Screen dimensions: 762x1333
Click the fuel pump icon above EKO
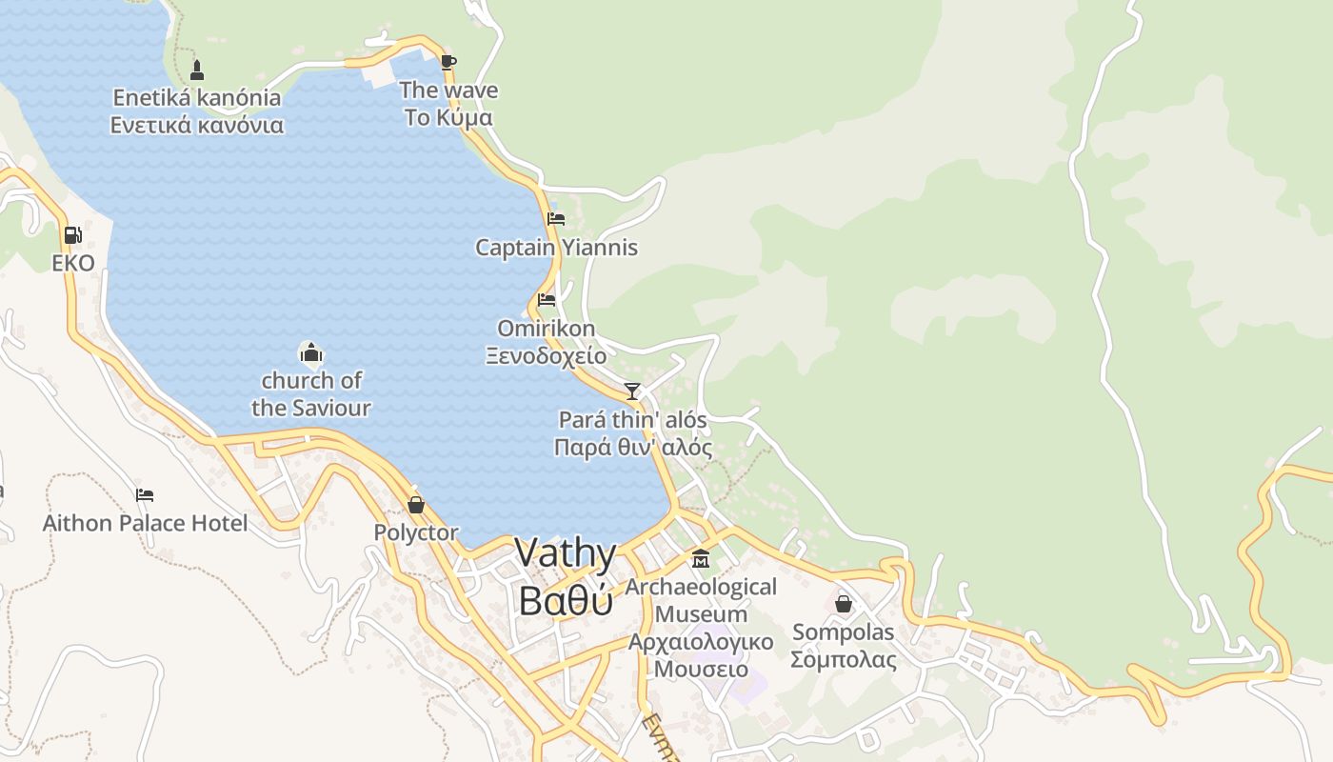[72, 235]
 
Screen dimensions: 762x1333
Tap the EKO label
[73, 263]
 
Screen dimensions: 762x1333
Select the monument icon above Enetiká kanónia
[197, 70]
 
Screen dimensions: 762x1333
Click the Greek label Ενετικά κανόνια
[197, 125]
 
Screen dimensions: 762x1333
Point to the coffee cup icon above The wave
[448, 63]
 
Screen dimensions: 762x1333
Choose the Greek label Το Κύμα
[448, 118]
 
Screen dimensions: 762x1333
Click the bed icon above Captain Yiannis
[556, 219]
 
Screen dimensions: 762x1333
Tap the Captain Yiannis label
[556, 248]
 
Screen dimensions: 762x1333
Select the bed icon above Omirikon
[547, 299]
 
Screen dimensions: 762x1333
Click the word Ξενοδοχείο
[547, 356]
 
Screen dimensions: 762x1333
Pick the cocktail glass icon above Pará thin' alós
[632, 391]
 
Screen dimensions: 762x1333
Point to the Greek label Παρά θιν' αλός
[633, 447]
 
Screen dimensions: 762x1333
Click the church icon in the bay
[311, 354]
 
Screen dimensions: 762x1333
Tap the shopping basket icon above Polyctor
[416, 505]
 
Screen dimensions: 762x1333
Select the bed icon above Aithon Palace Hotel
[145, 494]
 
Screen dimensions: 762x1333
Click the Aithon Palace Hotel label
[145, 523]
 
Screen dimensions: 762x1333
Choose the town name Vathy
[566, 553]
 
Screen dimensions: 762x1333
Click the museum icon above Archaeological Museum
[701, 558]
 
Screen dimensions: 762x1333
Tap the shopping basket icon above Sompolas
[844, 604]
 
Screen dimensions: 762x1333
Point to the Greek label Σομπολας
[844, 659]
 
